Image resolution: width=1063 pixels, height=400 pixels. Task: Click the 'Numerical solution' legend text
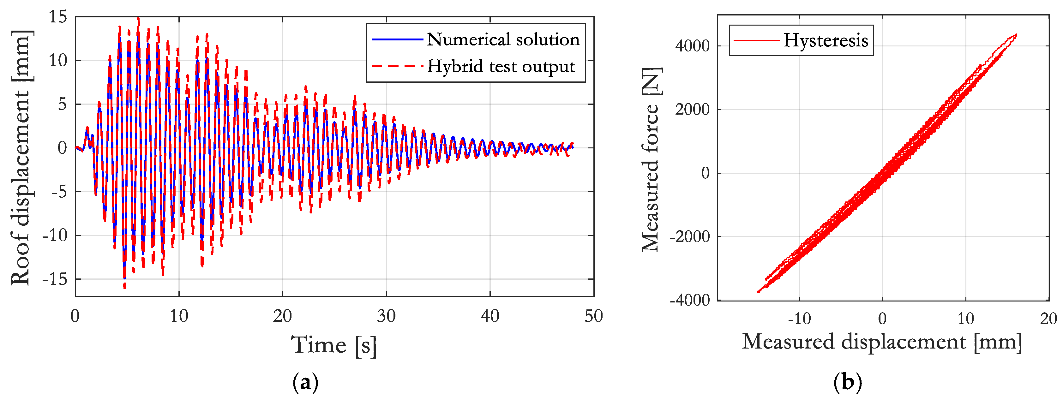coord(503,39)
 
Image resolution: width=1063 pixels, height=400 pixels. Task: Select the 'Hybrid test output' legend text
coord(501,66)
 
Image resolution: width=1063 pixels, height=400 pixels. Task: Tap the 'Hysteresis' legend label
coord(825,40)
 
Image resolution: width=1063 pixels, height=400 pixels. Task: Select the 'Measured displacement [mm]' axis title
coord(882,342)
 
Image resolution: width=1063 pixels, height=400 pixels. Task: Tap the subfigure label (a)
coord(305,383)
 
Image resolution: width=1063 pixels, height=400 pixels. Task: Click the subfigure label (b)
coord(847,382)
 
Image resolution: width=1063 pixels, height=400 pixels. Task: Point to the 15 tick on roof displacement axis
coord(58,17)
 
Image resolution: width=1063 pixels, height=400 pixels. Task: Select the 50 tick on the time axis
coord(593,316)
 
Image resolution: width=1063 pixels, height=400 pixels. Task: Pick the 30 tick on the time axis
coord(386,316)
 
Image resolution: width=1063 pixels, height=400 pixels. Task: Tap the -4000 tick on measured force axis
coord(689,300)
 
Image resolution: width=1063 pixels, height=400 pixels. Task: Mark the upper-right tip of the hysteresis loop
coord(1016,35)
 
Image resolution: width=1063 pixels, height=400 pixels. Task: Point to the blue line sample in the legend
coord(397,39)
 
